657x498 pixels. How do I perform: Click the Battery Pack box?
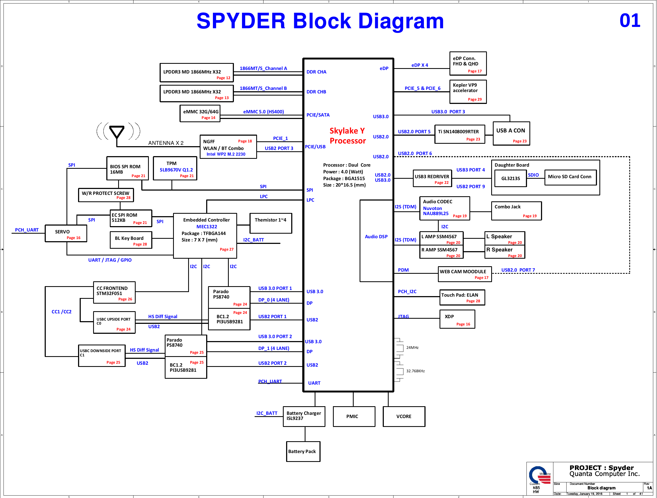[303, 451]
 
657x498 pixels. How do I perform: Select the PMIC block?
[354, 416]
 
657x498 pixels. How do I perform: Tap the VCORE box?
[404, 416]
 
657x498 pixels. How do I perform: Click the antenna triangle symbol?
[117, 132]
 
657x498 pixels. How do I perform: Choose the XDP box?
[457, 319]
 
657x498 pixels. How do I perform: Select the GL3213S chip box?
[511, 178]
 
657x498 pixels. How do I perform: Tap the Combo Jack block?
[516, 211]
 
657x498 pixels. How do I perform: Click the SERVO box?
[66, 234]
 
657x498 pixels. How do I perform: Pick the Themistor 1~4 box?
[270, 223]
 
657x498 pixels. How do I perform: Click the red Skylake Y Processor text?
[347, 136]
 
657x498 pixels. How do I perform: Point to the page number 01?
[629, 21]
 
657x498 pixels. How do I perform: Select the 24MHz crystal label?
[412, 348]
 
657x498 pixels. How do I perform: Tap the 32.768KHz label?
[415, 371]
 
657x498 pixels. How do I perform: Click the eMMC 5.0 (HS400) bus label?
[263, 112]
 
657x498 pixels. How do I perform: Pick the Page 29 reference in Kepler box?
[475, 100]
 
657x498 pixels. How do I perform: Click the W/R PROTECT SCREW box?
[106, 195]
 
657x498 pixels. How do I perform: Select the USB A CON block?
[511, 134]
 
